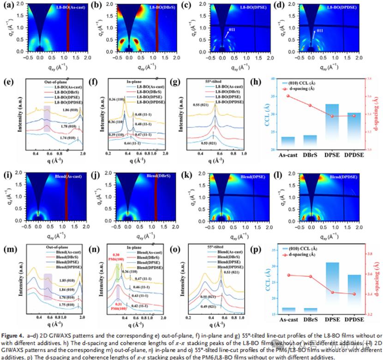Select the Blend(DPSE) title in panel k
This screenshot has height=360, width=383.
coord(241,177)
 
